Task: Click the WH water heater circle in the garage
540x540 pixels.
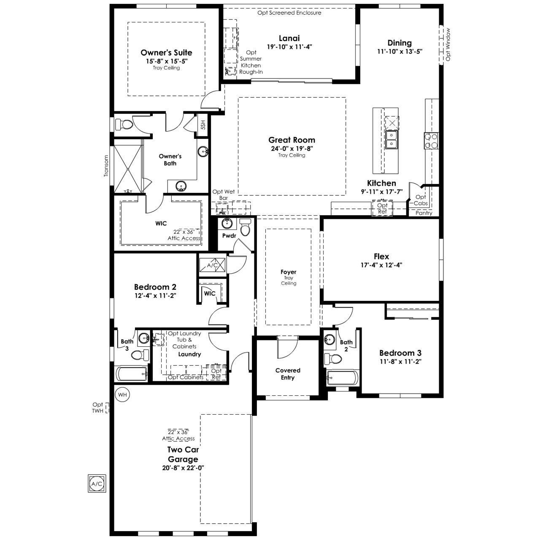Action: click(x=122, y=395)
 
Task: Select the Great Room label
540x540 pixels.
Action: click(x=292, y=140)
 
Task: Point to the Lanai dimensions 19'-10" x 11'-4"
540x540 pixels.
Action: click(x=289, y=47)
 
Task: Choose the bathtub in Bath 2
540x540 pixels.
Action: click(x=343, y=378)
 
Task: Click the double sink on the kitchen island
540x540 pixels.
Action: click(x=391, y=140)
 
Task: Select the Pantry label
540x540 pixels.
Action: click(x=424, y=213)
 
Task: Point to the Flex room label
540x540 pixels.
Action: click(x=381, y=256)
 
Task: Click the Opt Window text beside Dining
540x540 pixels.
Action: click(x=448, y=45)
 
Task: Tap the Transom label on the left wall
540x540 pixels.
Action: click(x=106, y=166)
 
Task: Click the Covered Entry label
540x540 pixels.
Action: click(x=288, y=374)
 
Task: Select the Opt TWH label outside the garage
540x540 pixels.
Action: click(x=98, y=408)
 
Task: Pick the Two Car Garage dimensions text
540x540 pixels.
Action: click(x=183, y=468)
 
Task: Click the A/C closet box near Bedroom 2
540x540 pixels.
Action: click(x=212, y=265)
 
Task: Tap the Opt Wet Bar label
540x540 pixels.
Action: click(x=223, y=195)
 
